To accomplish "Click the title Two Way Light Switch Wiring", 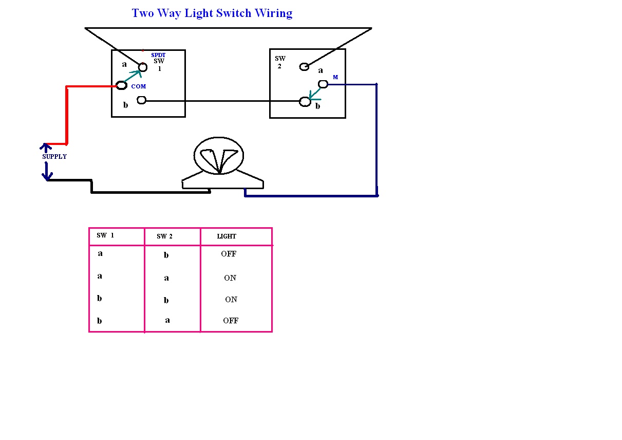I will (212, 13).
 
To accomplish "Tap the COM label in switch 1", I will (139, 87).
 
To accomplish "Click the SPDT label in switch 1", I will (158, 55).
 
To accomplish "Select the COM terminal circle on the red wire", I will (122, 85).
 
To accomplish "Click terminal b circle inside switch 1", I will (142, 100).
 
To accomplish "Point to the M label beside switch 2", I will (335, 77).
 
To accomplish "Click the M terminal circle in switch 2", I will (323, 84).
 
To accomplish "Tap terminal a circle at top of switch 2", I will (305, 66).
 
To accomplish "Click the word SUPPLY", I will (54, 157).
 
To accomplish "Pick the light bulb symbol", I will (219, 156).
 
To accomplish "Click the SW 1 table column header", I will (105, 235).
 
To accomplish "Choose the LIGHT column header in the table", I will (227, 236).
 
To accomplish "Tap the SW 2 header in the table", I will (165, 236).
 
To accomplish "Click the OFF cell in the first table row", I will (229, 254).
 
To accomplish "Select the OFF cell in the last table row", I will (231, 321).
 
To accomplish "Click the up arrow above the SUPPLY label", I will (46, 148).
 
